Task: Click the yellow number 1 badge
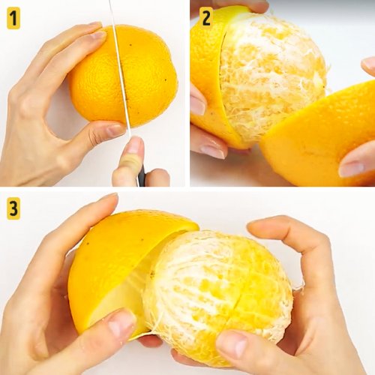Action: (13, 18)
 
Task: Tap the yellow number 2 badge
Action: (206, 17)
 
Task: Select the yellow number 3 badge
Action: (13, 208)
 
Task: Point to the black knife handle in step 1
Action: (142, 175)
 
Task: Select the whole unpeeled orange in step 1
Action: (123, 76)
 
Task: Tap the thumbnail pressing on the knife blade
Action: (134, 145)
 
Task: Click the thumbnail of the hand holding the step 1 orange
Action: (115, 130)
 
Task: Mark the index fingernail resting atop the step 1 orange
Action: (98, 35)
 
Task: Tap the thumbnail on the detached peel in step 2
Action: (351, 169)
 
